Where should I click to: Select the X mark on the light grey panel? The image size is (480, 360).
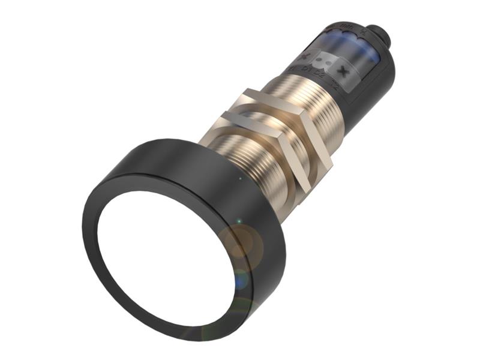click(344, 71)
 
